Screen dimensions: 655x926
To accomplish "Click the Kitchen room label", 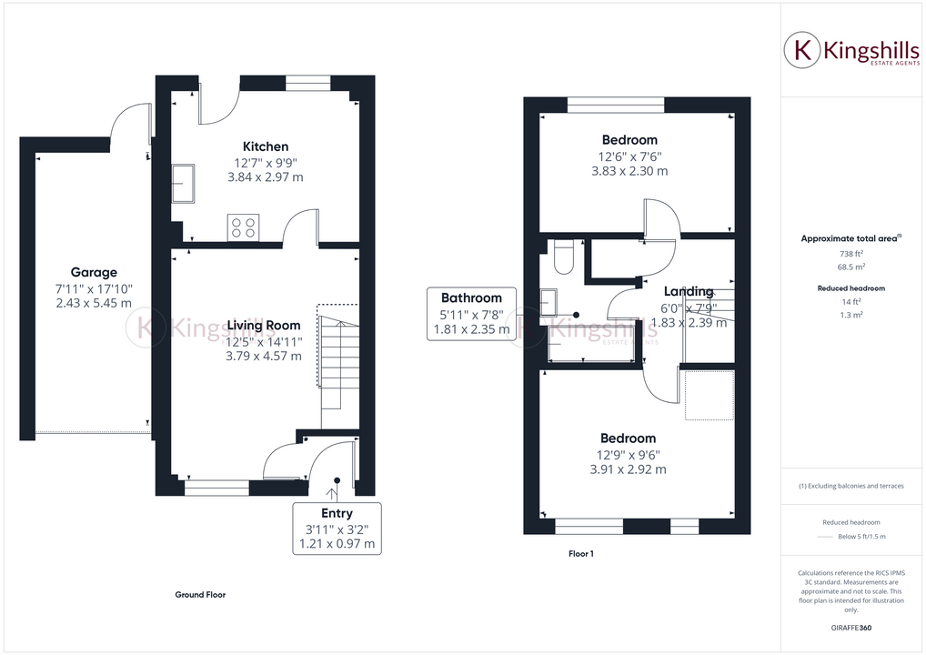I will pyautogui.click(x=265, y=146).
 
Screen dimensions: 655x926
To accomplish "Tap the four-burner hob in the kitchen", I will pyautogui.click(x=244, y=227).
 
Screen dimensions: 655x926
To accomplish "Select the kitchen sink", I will pyautogui.click(x=183, y=182).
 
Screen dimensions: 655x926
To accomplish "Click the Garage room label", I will pyautogui.click(x=94, y=272).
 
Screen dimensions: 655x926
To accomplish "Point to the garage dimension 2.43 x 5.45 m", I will pyautogui.click(x=94, y=304).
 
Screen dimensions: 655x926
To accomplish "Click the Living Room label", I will pyautogui.click(x=264, y=325).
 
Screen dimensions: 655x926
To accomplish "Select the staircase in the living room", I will pyautogui.click(x=337, y=359).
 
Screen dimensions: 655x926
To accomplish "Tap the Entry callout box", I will pyautogui.click(x=337, y=529).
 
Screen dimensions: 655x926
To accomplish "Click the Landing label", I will pyautogui.click(x=689, y=291).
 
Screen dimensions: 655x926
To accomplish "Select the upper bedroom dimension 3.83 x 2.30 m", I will pyautogui.click(x=629, y=171).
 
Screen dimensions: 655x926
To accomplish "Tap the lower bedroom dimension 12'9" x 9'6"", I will pyautogui.click(x=628, y=455).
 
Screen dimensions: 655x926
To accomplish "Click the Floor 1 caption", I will pyautogui.click(x=580, y=553).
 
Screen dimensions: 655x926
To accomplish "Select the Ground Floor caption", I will pyautogui.click(x=200, y=594).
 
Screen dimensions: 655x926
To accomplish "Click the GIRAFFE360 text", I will pyautogui.click(x=852, y=628).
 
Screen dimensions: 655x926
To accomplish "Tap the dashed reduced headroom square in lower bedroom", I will pyautogui.click(x=709, y=394).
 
